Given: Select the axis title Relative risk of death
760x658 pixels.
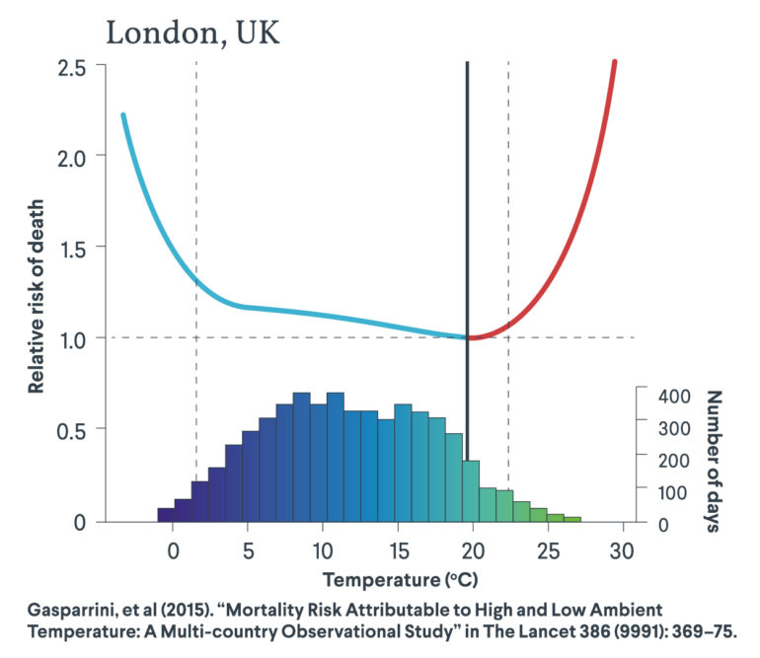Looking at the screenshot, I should pyautogui.click(x=37, y=294).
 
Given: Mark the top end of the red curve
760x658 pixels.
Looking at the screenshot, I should pyautogui.click(x=614, y=62).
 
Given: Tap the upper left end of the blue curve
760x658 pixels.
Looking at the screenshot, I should pyautogui.click(x=123, y=115).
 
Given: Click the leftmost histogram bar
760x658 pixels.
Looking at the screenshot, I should pyautogui.click(x=166, y=514).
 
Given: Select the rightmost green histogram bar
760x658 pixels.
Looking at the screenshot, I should pyautogui.click(x=572, y=519).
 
